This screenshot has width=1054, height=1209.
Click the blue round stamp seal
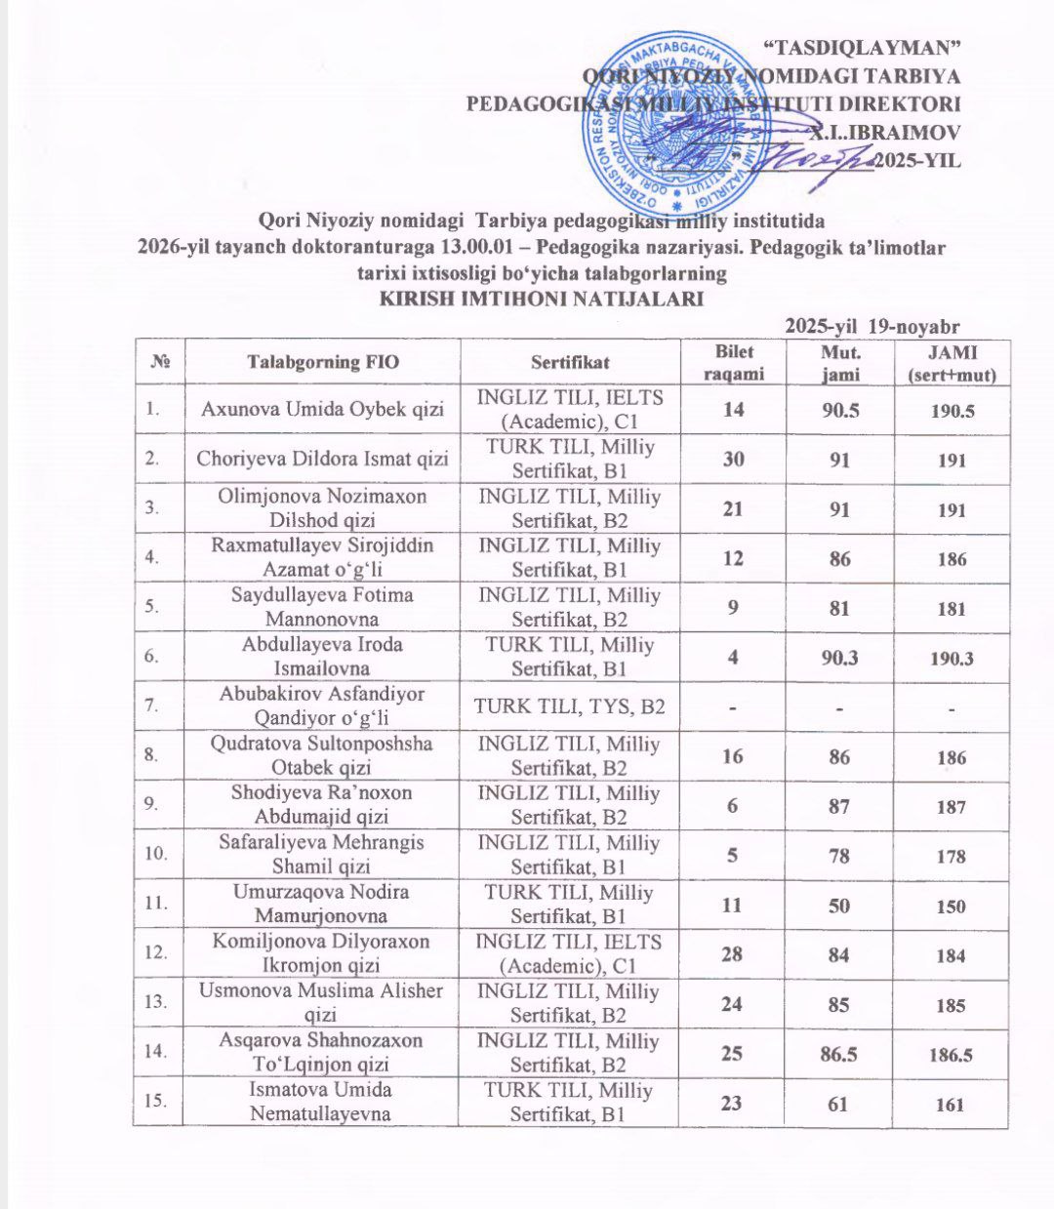pos(680,119)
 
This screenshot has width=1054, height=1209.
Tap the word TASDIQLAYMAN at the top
pos(859,47)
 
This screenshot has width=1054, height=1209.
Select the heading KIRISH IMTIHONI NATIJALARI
pos(541,300)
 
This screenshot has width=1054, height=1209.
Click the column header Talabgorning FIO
pos(323,362)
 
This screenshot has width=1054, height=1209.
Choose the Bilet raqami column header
pos(734,362)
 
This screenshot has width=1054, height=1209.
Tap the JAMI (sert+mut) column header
pos(951,362)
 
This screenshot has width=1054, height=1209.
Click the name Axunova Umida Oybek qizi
pos(322,410)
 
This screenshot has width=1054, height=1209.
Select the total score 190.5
pos(951,411)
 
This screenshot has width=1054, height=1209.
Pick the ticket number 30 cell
pos(734,460)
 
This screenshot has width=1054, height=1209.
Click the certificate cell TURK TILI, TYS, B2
pos(569,706)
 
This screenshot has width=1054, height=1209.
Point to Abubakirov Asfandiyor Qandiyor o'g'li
pos(322,706)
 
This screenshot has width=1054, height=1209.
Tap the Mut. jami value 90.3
pos(840,658)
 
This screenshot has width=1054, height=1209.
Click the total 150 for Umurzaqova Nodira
pos(951,906)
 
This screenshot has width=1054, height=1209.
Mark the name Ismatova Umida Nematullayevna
pos(322,1102)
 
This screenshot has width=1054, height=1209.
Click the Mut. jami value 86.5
pos(840,1054)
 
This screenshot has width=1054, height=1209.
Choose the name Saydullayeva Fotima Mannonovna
pos(322,607)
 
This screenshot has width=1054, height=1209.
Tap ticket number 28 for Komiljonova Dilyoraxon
pos(734,954)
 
